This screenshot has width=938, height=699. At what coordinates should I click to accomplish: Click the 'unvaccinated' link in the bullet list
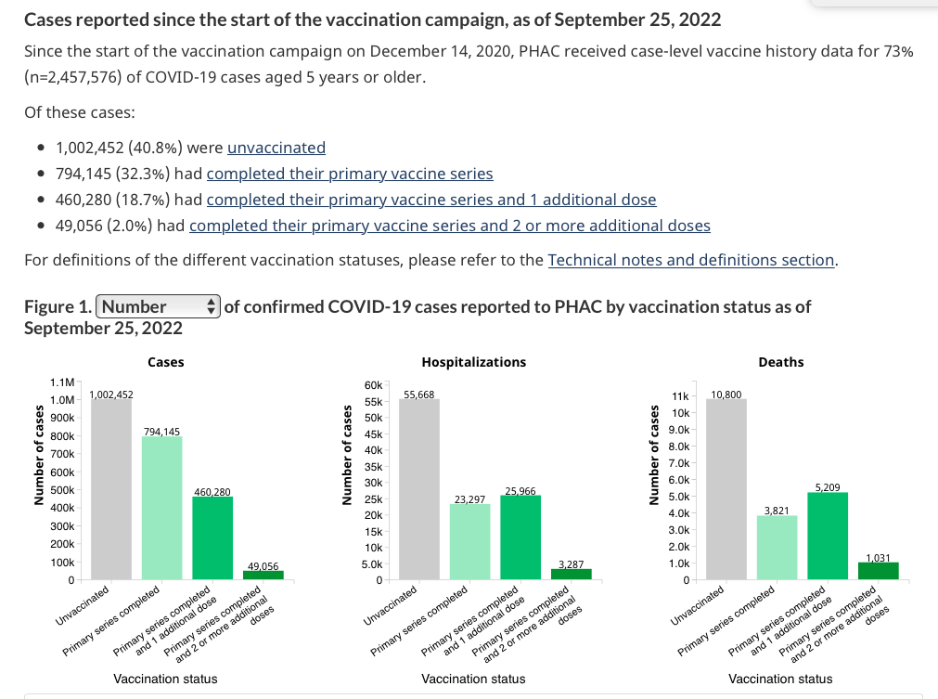[x=276, y=148]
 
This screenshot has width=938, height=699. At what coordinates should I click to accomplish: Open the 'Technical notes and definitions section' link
[x=691, y=260]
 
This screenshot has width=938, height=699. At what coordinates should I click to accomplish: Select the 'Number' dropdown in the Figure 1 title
[x=158, y=306]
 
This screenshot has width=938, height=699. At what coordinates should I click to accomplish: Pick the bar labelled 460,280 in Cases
[x=212, y=538]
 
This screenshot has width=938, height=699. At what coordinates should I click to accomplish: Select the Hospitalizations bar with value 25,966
[x=520, y=538]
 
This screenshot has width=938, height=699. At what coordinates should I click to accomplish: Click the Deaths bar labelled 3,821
[x=777, y=548]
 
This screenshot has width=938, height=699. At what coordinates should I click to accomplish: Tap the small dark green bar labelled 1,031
[x=878, y=571]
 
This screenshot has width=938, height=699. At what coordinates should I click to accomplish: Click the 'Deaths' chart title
[x=780, y=362]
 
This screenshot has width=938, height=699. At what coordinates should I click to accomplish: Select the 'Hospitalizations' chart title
[x=473, y=362]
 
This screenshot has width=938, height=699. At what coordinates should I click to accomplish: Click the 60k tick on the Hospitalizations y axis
[x=374, y=383]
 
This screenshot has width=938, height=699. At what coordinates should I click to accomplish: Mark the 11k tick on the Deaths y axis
[x=680, y=396]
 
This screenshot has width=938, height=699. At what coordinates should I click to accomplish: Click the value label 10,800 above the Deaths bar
[x=726, y=395]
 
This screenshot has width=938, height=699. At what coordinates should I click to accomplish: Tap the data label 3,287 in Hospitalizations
[x=571, y=564]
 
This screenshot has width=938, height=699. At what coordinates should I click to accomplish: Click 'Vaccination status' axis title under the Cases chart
[x=165, y=679]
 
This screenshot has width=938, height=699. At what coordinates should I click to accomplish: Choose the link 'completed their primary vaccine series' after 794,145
[x=350, y=174]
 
